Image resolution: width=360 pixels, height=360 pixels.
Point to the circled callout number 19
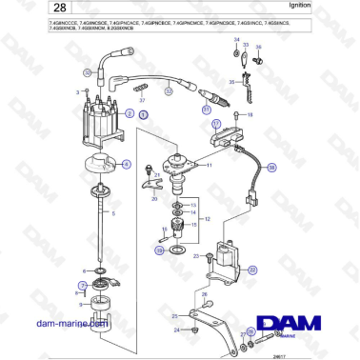click(158, 250)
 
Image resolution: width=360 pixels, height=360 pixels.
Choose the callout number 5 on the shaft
click(115, 213)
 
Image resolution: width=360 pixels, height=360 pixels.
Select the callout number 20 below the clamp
click(154, 199)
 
